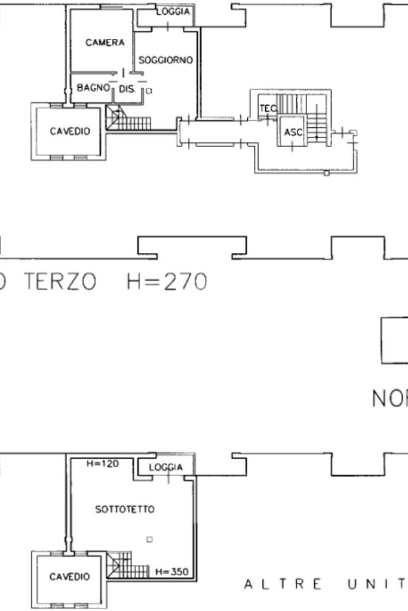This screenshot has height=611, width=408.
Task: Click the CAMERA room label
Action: coord(105,43)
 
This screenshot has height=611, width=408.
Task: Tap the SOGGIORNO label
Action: coord(165,60)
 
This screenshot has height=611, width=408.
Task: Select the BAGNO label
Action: coord(94,88)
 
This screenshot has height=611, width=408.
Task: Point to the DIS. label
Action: coord(128,89)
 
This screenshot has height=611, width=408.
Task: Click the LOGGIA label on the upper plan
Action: coord(174,12)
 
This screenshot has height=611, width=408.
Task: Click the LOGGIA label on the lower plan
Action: coord(165,467)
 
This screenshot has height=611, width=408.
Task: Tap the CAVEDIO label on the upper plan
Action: coord(70,131)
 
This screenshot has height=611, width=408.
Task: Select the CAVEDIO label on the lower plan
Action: coord(70,577)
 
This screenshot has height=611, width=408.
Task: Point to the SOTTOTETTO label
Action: coord(125,509)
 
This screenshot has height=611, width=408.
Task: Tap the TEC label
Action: coord(267,108)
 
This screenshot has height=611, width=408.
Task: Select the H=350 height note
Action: coord(171,572)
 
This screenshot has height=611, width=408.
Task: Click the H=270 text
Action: coord(167,281)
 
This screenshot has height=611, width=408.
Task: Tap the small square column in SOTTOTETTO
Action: coord(149,539)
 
